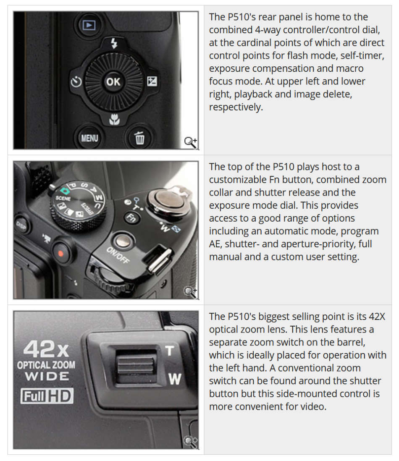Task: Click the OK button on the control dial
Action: tap(113, 82)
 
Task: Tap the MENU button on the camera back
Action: tap(89, 137)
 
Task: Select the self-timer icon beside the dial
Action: tap(76, 82)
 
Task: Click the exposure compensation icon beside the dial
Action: tap(152, 81)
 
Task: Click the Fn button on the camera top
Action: tap(132, 217)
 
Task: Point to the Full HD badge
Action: tap(47, 396)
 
